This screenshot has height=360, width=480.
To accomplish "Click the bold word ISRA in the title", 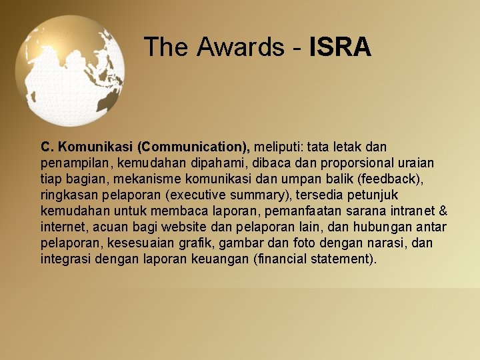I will point(340,47).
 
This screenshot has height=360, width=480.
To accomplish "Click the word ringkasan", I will point(69,195).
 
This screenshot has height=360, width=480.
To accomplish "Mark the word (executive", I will point(196,195).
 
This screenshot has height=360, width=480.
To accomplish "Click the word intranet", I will point(409,211).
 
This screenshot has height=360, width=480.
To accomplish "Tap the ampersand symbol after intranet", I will point(443,211).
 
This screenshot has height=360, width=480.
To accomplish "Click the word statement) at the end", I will point(345,259).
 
